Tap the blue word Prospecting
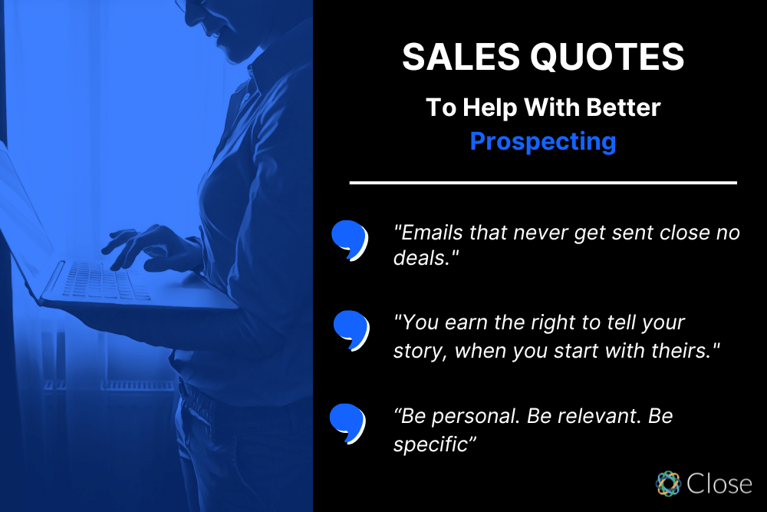[543, 141]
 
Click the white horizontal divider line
[543, 183]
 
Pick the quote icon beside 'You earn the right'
[351, 329]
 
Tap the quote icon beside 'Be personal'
[347, 422]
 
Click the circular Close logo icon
[668, 483]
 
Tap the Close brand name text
[719, 484]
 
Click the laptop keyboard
[104, 281]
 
